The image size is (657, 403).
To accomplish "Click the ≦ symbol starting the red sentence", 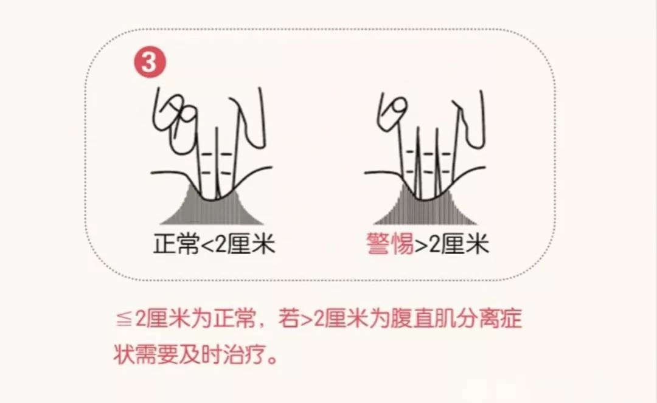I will click(x=124, y=320).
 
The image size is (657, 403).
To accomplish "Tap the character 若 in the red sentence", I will click(x=288, y=320).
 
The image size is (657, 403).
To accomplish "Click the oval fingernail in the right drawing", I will click(x=397, y=107).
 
